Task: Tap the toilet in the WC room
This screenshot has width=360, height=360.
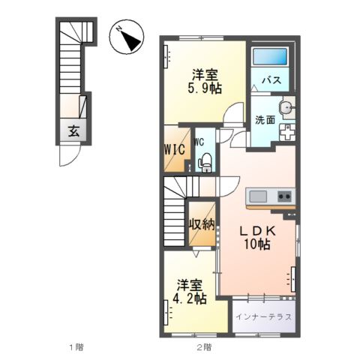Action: coord(203,159)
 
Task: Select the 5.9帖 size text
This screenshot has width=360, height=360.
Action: coord(203,88)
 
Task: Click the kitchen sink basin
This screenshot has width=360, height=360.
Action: coord(258,196)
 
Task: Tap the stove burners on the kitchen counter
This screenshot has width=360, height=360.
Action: coord(285,196)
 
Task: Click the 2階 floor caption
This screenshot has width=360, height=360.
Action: coord(204,348)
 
